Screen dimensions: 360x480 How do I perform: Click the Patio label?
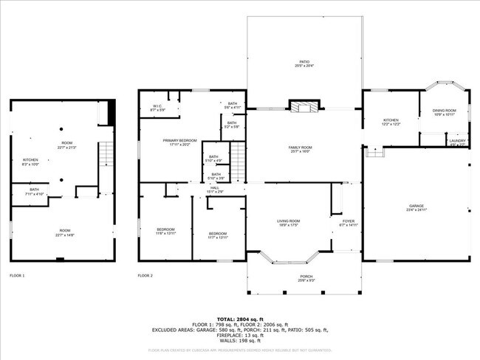pos(304,63)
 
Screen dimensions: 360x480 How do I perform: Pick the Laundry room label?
pos(457,142)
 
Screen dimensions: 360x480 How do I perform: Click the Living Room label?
pos(288,223)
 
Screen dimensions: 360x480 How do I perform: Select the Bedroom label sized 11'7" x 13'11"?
pos(219,235)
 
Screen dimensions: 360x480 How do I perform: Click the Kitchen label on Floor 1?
pos(30,161)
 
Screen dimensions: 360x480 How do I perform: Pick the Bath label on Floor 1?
pos(35,191)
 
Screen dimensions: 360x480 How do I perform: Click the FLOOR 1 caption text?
pos(17,275)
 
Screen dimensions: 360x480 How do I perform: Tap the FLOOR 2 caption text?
pos(145,275)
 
